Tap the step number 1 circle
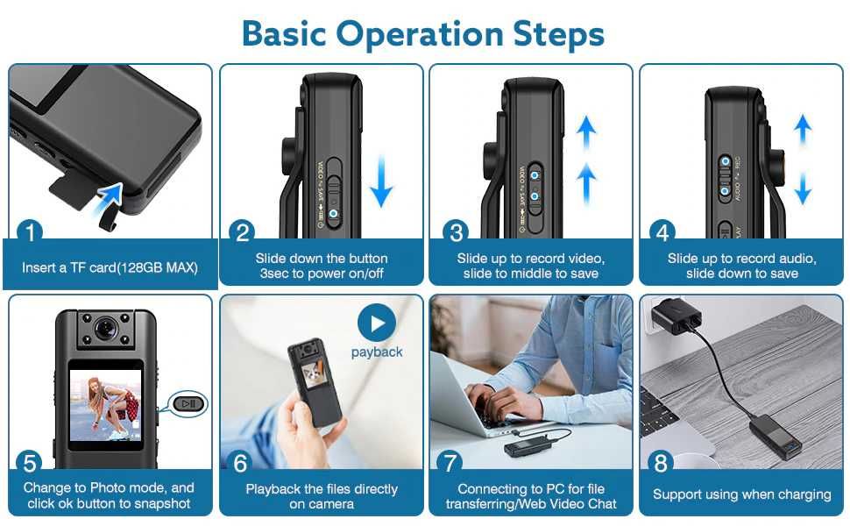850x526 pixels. pyautogui.click(x=31, y=233)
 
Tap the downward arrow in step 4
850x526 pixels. pyautogui.click(x=802, y=188)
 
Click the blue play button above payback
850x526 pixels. pyautogui.click(x=377, y=323)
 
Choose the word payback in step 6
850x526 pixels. pyautogui.click(x=377, y=352)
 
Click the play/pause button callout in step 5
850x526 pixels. pyautogui.click(x=189, y=403)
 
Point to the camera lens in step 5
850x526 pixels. pyautogui.click(x=105, y=329)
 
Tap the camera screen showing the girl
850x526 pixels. pyautogui.click(x=105, y=404)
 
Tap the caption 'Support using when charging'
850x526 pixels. pyautogui.click(x=741, y=494)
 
